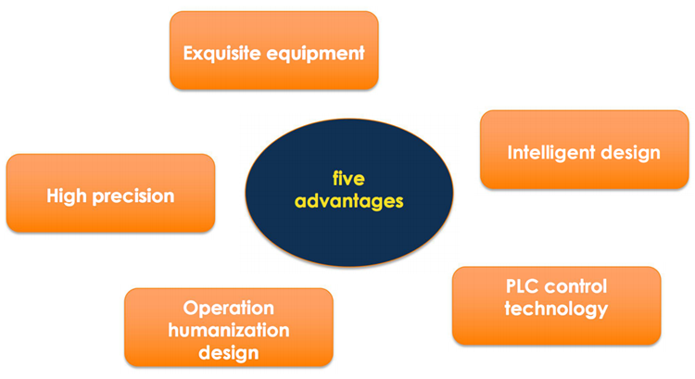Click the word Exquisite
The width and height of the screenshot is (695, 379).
(222, 54)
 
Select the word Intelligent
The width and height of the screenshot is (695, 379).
(551, 154)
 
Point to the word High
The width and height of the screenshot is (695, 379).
(67, 196)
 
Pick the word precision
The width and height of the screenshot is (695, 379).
(133, 196)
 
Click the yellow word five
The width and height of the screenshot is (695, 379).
(348, 179)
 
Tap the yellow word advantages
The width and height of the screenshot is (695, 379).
(348, 201)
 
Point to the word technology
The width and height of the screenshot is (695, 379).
(556, 309)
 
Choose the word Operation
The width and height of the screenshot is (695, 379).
(229, 308)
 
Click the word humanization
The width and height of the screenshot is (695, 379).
(229, 330)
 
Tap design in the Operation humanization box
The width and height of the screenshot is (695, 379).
(229, 353)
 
